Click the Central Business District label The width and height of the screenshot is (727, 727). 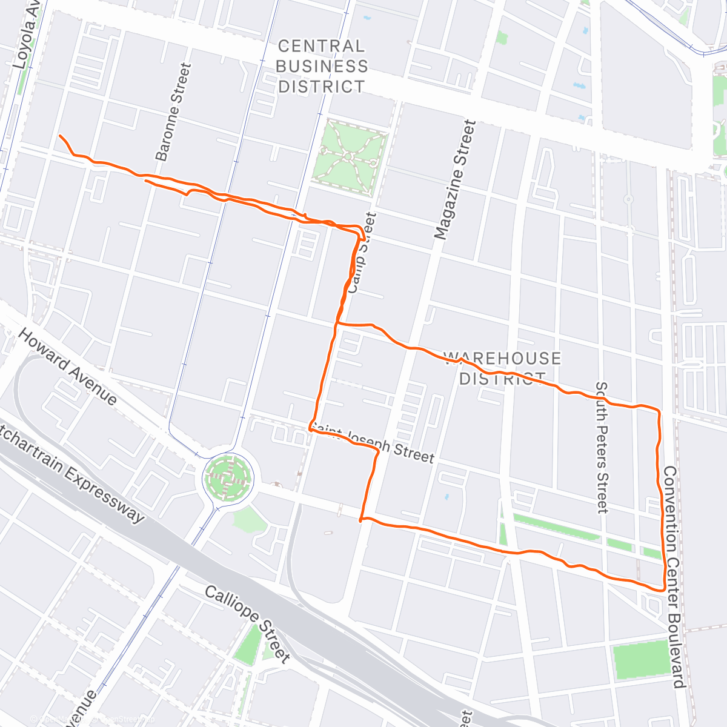click(x=322, y=66)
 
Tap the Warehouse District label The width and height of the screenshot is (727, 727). click(x=502, y=368)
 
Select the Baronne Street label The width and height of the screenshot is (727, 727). click(x=173, y=112)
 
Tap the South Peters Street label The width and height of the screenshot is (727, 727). click(x=601, y=447)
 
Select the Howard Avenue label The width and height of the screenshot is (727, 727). click(x=67, y=367)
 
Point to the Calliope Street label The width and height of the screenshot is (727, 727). click(x=248, y=623)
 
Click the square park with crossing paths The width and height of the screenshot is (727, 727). click(x=348, y=157)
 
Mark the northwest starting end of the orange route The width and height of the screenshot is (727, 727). click(x=60, y=136)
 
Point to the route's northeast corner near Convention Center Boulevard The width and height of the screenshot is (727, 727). click(x=658, y=411)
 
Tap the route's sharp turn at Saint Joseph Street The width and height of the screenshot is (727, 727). click(x=310, y=427)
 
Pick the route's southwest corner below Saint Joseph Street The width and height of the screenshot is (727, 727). click(x=361, y=520)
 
